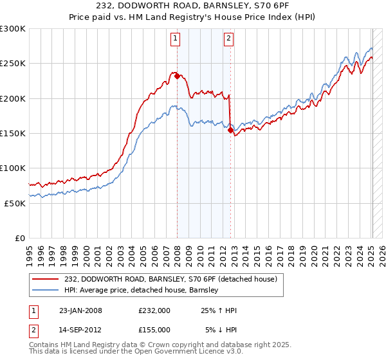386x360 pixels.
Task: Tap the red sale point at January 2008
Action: [177, 76]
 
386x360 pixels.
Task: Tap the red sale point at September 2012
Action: [230, 130]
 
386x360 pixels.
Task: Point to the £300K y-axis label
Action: [13, 29]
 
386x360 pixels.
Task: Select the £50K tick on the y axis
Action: [15, 203]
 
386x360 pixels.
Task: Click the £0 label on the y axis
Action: [21, 238]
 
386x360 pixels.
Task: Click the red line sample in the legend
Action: [46, 279]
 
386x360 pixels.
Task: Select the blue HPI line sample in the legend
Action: [46, 290]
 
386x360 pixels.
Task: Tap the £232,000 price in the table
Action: [154, 310]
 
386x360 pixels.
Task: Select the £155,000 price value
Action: [154, 330]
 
